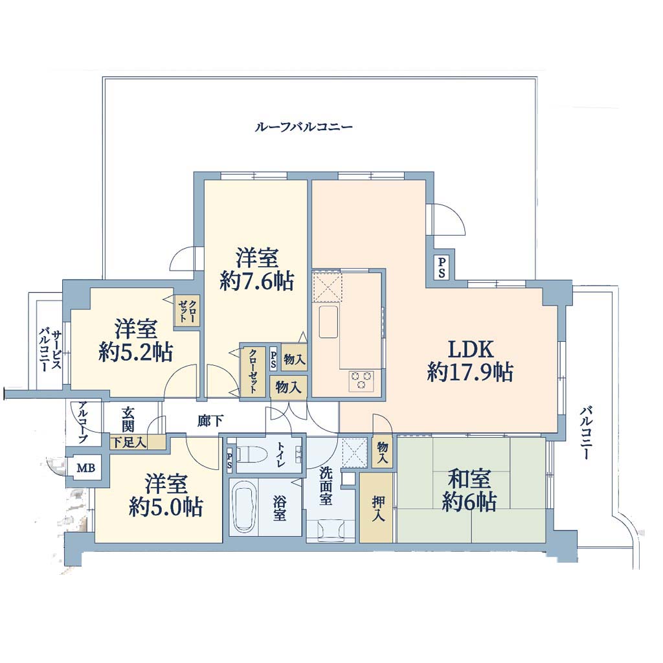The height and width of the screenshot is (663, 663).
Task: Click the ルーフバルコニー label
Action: click(x=303, y=126)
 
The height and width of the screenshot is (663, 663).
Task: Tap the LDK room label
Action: click(x=470, y=349)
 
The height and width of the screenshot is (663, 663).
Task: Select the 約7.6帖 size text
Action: click(x=256, y=281)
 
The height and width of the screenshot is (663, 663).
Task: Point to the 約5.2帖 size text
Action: click(x=135, y=352)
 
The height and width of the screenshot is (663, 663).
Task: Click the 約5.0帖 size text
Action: click(x=166, y=506)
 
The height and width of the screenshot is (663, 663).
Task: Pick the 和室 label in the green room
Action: click(x=469, y=479)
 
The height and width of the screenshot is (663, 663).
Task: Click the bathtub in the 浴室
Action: click(x=243, y=510)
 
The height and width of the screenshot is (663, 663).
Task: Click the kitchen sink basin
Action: click(x=328, y=322)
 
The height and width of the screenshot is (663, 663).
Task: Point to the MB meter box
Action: click(x=86, y=467)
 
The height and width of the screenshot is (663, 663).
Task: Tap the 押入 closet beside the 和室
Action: click(x=376, y=508)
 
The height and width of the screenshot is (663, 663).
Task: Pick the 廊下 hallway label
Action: click(x=210, y=421)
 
